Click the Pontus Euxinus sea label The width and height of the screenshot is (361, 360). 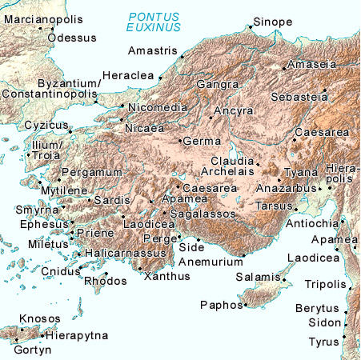(x=156, y=22)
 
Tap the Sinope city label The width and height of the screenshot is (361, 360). (x=273, y=22)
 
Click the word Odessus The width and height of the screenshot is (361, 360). (x=72, y=38)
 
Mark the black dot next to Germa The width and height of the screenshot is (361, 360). (x=178, y=141)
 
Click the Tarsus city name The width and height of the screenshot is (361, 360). (x=274, y=206)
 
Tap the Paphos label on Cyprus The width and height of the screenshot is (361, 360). (x=219, y=304)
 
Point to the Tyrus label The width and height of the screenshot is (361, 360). (x=323, y=342)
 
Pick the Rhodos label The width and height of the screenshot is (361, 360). (x=100, y=282)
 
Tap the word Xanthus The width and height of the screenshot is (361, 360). (x=166, y=277)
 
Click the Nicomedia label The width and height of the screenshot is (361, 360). (x=158, y=107)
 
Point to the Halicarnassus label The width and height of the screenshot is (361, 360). (x=125, y=253)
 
